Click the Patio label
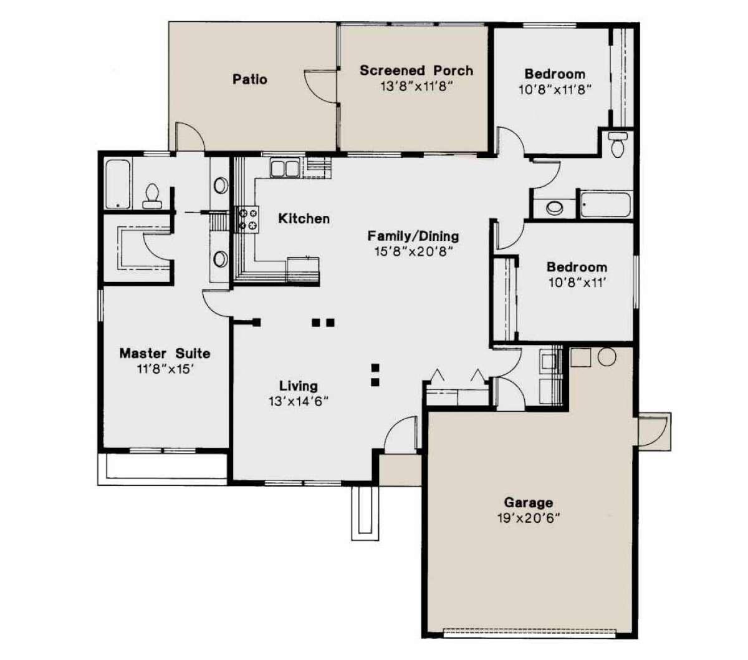[249, 79]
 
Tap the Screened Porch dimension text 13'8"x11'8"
[416, 87]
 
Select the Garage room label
[529, 503]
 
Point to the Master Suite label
[165, 353]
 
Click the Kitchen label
[304, 218]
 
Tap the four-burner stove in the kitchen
[247, 220]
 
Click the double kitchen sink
[284, 168]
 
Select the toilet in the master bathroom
[152, 197]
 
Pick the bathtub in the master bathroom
[118, 184]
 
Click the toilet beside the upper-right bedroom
[617, 144]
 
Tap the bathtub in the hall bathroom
[605, 205]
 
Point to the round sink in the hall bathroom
[554, 208]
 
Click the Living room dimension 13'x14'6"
[299, 401]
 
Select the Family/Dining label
[413, 236]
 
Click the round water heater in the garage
[607, 357]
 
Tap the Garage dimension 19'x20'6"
[529, 518]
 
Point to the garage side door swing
[653, 431]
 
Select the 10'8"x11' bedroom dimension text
[577, 283]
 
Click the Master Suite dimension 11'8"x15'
[165, 369]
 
